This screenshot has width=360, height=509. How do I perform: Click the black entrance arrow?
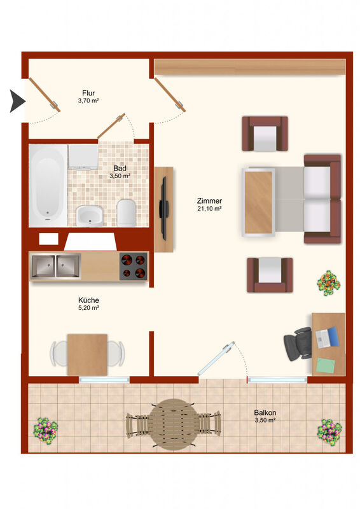(17, 101)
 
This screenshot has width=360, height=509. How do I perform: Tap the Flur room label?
(88, 93)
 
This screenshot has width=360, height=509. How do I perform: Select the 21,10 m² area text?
(209, 209)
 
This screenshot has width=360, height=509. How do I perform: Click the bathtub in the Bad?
(48, 186)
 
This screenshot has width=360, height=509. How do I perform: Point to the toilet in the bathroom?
(127, 213)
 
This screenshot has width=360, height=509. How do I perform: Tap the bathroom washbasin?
(90, 216)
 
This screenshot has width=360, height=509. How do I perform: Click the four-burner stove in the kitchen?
(134, 266)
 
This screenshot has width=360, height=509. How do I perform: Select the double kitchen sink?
(56, 266)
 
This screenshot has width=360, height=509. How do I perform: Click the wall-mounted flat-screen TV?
(163, 209)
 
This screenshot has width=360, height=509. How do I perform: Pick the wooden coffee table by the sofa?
(258, 202)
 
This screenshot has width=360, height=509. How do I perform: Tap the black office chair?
(297, 344)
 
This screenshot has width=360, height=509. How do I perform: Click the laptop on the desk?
(327, 338)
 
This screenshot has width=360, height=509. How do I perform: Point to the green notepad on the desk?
(325, 365)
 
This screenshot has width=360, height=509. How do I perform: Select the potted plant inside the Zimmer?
(328, 283)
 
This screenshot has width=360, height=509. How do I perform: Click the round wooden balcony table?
(174, 424)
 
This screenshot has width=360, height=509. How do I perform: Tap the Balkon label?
(265, 412)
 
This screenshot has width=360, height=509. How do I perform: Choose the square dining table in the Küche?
(87, 354)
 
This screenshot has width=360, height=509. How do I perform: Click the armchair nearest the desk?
(270, 275)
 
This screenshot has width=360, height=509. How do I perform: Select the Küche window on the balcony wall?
(104, 379)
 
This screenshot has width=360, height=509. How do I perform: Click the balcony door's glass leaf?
(216, 358)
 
